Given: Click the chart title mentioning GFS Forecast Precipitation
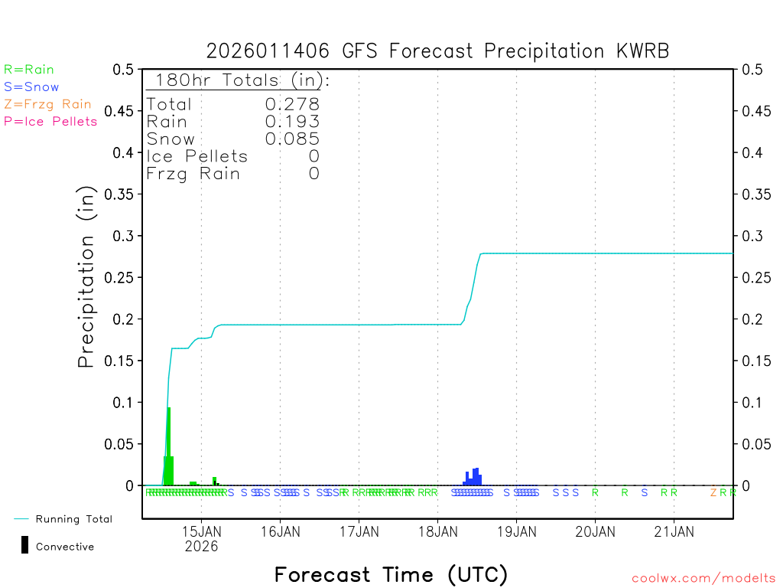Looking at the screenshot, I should pos(437,51).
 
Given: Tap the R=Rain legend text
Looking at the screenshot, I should pos(29,70).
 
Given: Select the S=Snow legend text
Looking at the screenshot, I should pos(31,87).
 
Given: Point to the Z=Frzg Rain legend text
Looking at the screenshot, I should pos(47,104).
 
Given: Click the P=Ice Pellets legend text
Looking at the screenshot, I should pos(50,121).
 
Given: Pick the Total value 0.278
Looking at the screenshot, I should pos(292,104).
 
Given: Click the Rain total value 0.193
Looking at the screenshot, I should pos(292,121).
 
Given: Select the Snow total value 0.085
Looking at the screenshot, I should pos(292,139).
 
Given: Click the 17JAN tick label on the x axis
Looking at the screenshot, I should pos(359,531).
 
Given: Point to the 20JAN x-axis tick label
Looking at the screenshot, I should pos(595,531).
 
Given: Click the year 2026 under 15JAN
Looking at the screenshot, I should pos(201,547).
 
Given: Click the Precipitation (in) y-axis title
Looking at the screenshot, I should pos(87,277).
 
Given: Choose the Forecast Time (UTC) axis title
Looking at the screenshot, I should pos(391,574).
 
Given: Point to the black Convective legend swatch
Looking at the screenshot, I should pos(25,544).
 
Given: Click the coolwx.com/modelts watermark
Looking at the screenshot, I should pos(703,578).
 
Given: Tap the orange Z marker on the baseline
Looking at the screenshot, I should pos(713,492).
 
